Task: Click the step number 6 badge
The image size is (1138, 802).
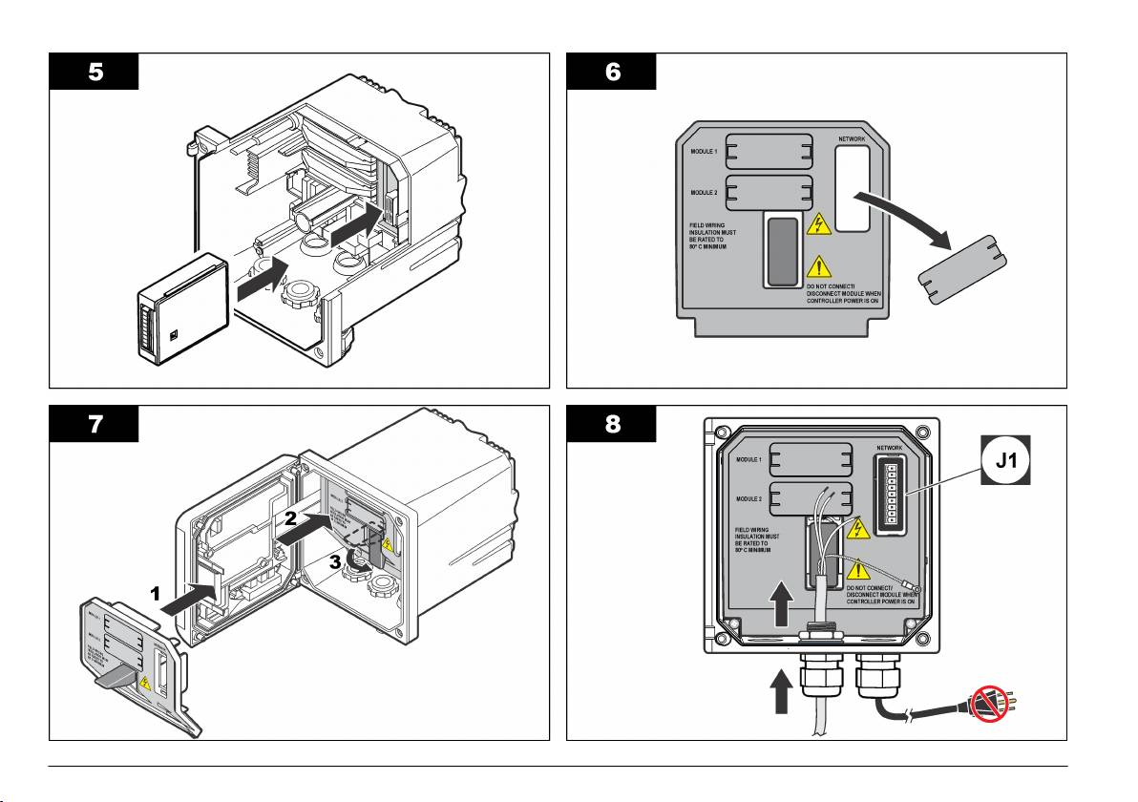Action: (x=611, y=71)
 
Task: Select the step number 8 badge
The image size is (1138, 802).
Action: (x=611, y=424)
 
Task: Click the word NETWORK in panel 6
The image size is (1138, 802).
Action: (x=853, y=139)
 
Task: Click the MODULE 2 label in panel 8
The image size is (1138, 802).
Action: (x=748, y=498)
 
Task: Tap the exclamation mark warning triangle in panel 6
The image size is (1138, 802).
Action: (x=818, y=266)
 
